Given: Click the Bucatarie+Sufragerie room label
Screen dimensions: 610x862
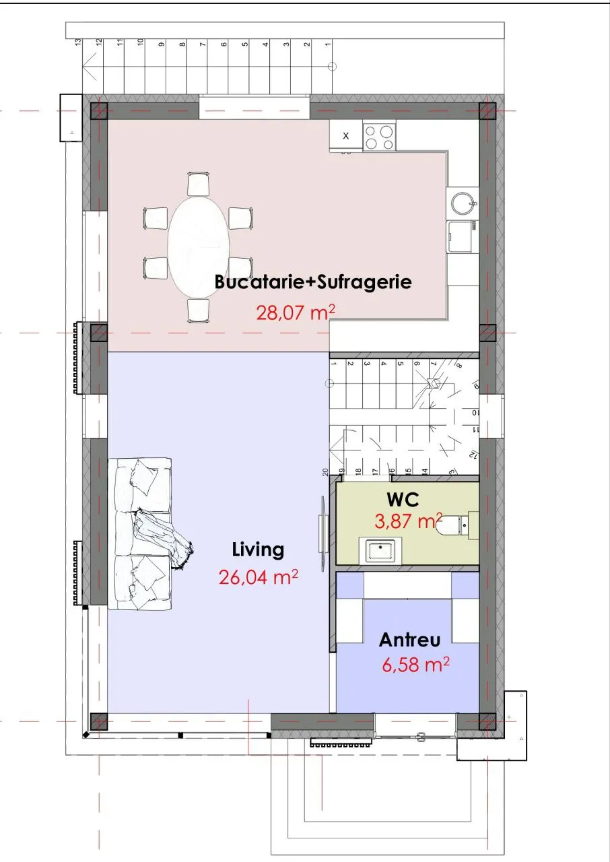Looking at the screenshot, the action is point(313,281).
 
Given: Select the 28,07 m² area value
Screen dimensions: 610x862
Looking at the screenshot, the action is point(296,312).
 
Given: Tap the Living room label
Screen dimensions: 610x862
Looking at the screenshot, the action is point(258,550).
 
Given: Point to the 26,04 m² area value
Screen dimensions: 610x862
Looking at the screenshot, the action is point(258,577).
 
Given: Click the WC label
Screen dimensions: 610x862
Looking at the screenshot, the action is point(403,500).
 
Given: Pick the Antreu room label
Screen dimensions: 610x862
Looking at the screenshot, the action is point(409,640).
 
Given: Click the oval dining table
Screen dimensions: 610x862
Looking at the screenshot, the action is point(199,246).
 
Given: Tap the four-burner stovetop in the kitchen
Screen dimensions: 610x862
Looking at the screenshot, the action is point(379,137).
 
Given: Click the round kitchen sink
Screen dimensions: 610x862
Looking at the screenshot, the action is point(463,203).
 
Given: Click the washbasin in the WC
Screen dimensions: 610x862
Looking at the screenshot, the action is point(380,550).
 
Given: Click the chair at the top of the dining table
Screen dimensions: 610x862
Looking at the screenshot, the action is point(199,184).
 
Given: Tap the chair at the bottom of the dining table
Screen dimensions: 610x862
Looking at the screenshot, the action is point(199,310).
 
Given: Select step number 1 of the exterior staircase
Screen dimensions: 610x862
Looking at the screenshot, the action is point(328,44).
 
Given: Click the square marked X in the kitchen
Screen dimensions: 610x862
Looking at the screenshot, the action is point(346,135).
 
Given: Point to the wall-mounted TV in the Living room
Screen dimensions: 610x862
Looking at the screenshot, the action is point(323,533).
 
